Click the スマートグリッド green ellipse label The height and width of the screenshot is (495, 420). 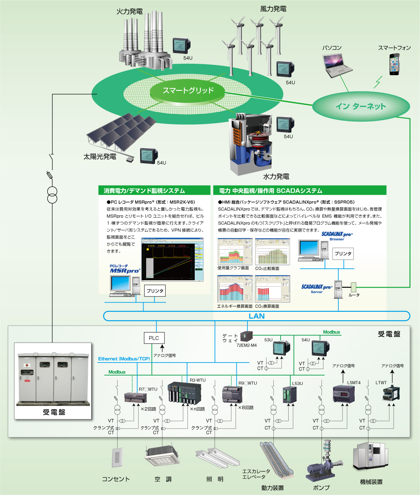tap(188, 90)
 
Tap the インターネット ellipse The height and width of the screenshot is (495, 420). tap(360, 106)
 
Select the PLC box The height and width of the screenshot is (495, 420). tap(154, 338)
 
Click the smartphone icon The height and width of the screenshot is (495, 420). tap(394, 64)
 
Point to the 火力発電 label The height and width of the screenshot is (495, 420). tap(129, 11)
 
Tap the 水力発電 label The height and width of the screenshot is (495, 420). tap(276, 176)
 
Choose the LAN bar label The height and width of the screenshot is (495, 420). tap(256, 316)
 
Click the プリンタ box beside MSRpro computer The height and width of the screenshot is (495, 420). tap(155, 291)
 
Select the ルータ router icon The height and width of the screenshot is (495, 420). tap(354, 287)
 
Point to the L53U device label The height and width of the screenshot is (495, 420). tap(297, 384)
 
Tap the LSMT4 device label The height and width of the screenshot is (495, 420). tap(354, 382)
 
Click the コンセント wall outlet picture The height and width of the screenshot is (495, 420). tap(117, 457)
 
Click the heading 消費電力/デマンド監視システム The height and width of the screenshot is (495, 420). tap(144, 190)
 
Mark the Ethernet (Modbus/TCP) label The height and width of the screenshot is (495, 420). tap(124, 359)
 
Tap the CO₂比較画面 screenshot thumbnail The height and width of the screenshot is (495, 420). tap(272, 252)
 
